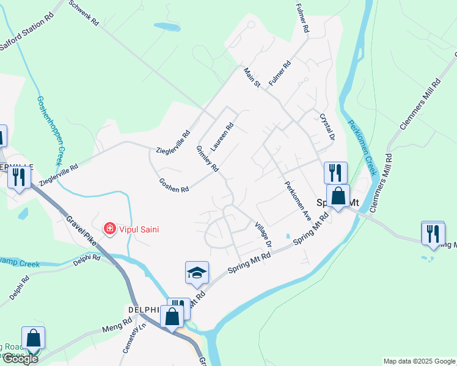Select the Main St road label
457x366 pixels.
coord(252,77)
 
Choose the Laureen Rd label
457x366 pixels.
coord(222,137)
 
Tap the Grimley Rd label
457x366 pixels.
coord(208,159)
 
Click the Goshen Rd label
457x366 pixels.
coord(174,185)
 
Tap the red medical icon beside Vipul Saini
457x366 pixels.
coord(110,229)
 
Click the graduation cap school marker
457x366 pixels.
coord(197,273)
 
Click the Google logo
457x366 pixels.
coord(20,359)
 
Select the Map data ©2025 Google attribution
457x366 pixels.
coord(419,361)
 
